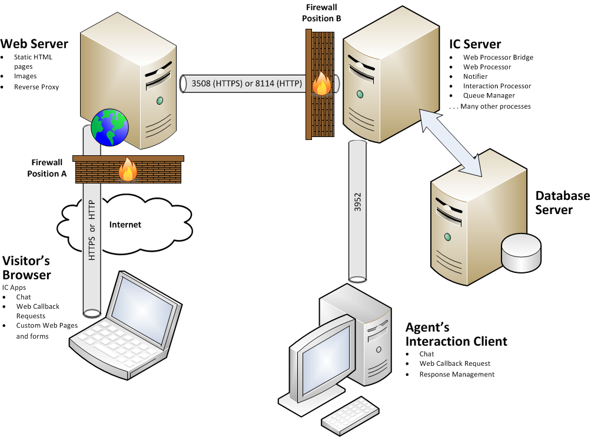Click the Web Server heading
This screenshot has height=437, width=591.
pos(34,44)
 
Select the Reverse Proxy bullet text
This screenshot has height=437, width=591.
pos(36,87)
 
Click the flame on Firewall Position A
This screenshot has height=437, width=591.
pos(128,171)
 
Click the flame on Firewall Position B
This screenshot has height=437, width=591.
pos(321,84)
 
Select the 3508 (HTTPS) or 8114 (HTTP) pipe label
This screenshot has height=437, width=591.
pos(247,84)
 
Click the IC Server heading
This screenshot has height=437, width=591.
pos(475,44)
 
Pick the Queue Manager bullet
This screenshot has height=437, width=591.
pos(489,95)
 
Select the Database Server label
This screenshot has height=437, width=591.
pos(562,202)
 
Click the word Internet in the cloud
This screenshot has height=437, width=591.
pos(125,225)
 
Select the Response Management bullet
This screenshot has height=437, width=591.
pos(457,374)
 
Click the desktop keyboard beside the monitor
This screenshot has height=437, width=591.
pos(351,413)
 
